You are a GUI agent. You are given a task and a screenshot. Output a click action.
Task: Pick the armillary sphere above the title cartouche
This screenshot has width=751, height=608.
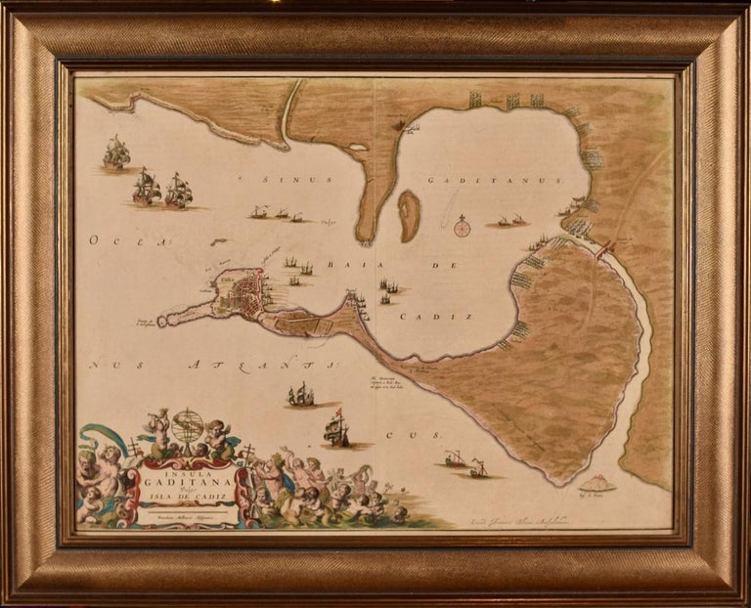coord(188,426)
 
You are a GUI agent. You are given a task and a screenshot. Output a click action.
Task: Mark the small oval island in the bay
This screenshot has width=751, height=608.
coord(409,215)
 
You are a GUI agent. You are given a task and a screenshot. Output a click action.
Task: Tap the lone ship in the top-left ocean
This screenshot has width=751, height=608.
coord(116,152)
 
